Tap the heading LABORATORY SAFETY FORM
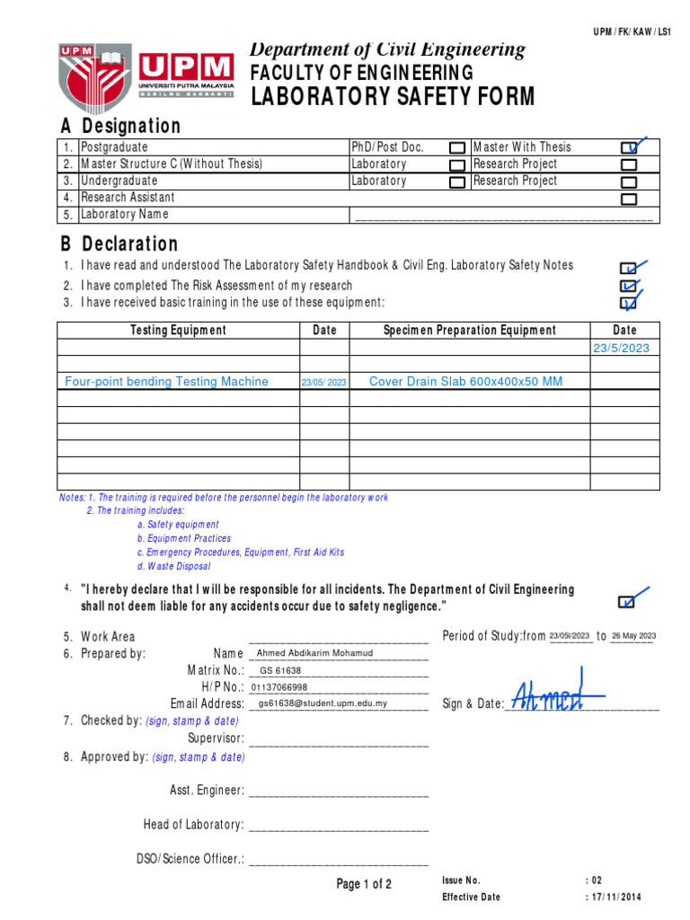pyautogui.click(x=393, y=97)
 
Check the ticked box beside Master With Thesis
pyautogui.click(x=630, y=147)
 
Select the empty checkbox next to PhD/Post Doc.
pyautogui.click(x=457, y=147)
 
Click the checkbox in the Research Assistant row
pyautogui.click(x=629, y=199)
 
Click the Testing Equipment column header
pyautogui.click(x=179, y=331)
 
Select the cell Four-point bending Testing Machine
pyautogui.click(x=167, y=382)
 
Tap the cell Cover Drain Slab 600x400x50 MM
pyautogui.click(x=466, y=382)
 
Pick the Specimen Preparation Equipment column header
pyautogui.click(x=469, y=331)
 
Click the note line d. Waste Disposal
pyautogui.click(x=173, y=567)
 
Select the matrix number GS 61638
pyautogui.click(x=280, y=670)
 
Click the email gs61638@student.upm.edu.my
pyautogui.click(x=323, y=703)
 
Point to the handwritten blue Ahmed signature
pyautogui.click(x=557, y=694)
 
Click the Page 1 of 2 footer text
pyautogui.click(x=364, y=885)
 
